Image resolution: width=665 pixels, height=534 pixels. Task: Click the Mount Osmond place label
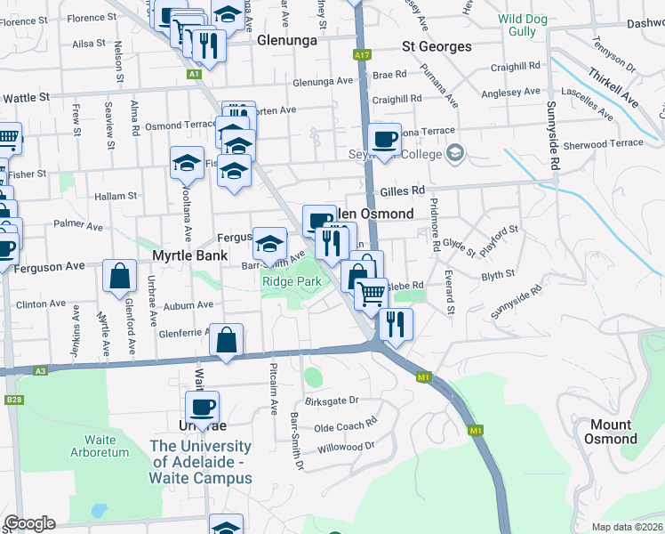tap(610, 432)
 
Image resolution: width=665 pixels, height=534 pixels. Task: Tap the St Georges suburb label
tap(437, 46)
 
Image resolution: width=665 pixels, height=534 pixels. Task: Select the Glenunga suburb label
tap(288, 40)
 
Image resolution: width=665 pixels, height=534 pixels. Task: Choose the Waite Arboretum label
tap(100, 446)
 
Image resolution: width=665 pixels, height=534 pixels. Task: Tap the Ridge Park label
tap(291, 281)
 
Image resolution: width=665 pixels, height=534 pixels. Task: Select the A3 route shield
tap(41, 371)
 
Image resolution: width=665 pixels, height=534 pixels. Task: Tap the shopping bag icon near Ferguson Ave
tap(119, 277)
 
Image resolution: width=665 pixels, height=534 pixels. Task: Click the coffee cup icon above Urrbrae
tap(202, 407)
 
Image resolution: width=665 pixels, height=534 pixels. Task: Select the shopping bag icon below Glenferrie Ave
tap(227, 339)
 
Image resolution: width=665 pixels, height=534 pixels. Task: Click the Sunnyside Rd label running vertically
tap(553, 148)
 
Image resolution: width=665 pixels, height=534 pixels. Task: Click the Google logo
tap(30, 523)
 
